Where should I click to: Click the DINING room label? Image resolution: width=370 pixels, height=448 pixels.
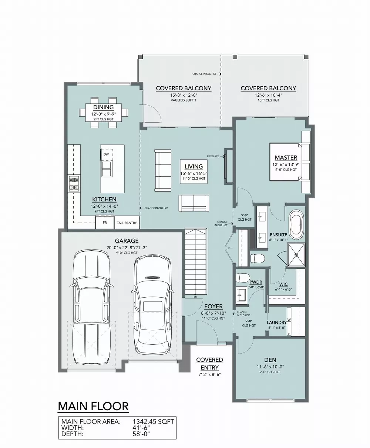tap(103, 107)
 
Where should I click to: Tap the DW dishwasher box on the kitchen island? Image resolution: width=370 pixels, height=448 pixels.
tap(106, 154)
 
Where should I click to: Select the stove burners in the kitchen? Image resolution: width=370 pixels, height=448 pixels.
tap(73, 183)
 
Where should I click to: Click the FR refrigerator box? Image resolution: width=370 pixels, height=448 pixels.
tap(105, 223)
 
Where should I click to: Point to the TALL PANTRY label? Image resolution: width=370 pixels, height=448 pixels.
tap(127, 223)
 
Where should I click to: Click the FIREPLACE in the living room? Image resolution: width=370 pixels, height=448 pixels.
tap(229, 166)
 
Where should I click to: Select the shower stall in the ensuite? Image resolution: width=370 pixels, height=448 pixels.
tap(296, 255)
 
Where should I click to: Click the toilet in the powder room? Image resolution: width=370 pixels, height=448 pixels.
tap(243, 278)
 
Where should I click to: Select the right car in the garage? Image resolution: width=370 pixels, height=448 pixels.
tap(152, 305)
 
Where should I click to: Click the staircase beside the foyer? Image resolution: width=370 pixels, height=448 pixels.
tap(196, 261)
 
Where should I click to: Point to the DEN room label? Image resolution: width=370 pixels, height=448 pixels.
tap(270, 360)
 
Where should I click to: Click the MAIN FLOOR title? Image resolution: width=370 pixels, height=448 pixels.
tap(93, 406)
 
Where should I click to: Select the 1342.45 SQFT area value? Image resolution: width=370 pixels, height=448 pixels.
tap(153, 421)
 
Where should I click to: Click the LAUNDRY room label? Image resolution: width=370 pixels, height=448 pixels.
tap(277, 322)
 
